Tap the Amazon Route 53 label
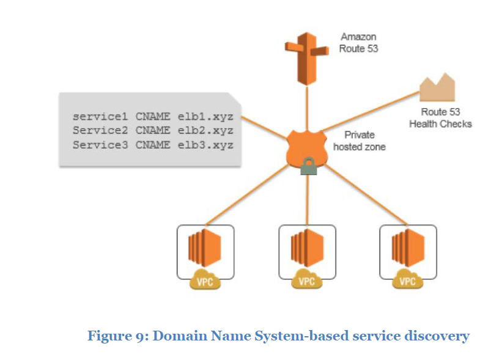(x=359, y=42)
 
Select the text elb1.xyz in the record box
(x=205, y=116)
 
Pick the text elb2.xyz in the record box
(x=205, y=130)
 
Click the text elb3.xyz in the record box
(x=205, y=145)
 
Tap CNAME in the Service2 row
(x=153, y=130)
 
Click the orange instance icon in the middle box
(x=306, y=248)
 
